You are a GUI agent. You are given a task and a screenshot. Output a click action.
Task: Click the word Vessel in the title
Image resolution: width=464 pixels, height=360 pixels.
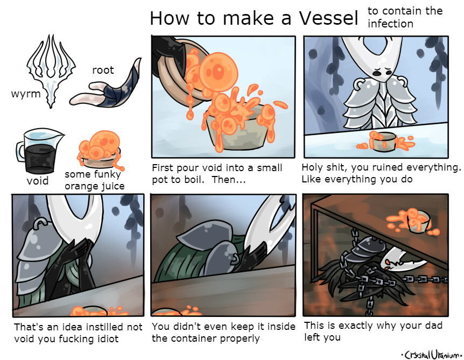[328, 18]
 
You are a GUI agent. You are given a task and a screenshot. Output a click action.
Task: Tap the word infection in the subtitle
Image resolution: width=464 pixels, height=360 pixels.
[390, 24]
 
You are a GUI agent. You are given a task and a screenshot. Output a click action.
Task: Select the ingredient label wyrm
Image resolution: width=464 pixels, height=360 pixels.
[26, 94]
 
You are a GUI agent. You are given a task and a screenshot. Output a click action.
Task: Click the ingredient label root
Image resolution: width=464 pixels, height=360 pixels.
[103, 70]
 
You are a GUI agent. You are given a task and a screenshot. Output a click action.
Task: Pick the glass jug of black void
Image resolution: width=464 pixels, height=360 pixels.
[38, 151]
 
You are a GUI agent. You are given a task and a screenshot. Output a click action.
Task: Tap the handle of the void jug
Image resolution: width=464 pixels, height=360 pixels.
[20, 151]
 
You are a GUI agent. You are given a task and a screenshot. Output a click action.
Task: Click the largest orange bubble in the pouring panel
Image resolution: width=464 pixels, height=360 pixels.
[218, 71]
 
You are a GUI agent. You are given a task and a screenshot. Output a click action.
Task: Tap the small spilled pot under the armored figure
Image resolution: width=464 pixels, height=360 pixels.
[384, 141]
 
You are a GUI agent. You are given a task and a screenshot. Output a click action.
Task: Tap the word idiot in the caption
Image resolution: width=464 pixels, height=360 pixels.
[107, 338]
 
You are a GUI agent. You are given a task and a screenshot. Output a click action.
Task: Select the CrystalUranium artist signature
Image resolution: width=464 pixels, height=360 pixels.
[431, 354]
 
